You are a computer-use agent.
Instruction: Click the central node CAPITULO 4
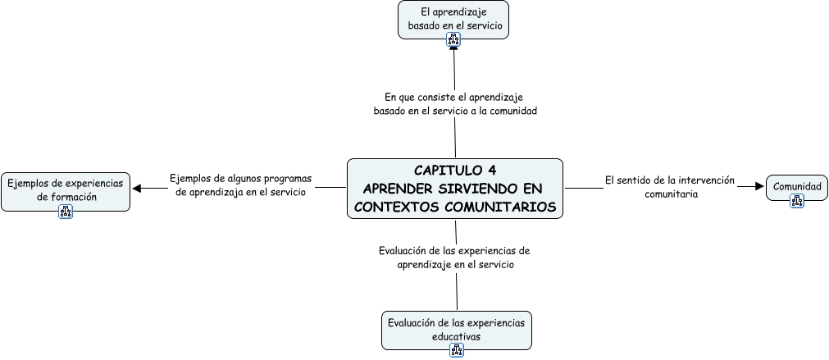[455, 189]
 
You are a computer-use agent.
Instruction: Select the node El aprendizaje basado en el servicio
[453, 19]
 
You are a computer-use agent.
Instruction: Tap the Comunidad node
[796, 187]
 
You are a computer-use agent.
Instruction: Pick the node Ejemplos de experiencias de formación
[66, 190]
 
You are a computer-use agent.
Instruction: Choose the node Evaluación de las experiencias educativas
[457, 329]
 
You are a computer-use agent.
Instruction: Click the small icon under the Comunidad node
[796, 201]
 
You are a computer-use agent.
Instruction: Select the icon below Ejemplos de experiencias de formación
[66, 212]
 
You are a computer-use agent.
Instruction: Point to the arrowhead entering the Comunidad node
[758, 187]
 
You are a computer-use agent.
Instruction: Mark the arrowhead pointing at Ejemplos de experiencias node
[137, 188]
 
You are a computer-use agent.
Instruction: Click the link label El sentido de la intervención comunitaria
[670, 187]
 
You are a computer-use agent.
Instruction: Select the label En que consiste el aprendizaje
[455, 103]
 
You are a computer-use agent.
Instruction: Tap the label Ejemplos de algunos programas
[241, 185]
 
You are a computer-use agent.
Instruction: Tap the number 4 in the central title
[491, 171]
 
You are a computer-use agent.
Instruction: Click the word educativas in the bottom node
[456, 336]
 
